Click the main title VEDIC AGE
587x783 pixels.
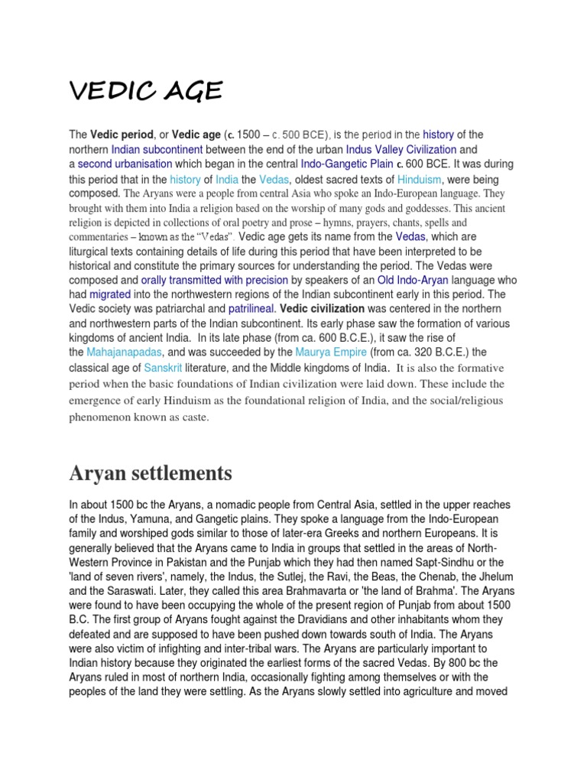(146, 92)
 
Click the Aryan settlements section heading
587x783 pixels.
(150, 473)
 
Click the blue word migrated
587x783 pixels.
(110, 294)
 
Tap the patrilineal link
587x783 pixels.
(251, 309)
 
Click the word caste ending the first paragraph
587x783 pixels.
(195, 417)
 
